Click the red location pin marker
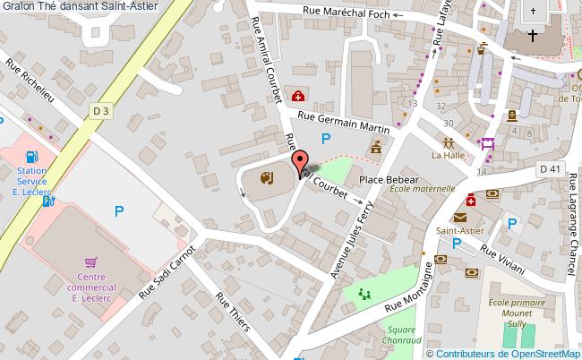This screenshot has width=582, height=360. coord(298,164)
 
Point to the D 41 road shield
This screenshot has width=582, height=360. coord(550,168)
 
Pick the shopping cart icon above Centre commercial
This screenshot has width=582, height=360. coord(90,262)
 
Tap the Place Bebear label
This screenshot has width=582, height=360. coord(389,180)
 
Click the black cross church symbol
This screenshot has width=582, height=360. coord(533,37)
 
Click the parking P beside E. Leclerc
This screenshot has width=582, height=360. coord(118,211)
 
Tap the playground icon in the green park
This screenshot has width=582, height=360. coord(364,294)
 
